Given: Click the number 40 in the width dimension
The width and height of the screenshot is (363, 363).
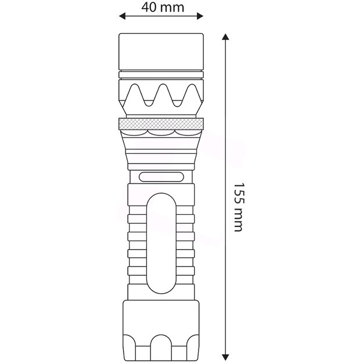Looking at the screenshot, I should click(149, 8).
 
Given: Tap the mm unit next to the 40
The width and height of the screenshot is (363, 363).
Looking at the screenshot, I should click(173, 8).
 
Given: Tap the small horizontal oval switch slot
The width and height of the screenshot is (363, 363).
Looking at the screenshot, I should click(161, 177).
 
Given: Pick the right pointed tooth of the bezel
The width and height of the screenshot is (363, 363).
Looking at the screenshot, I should click(190, 93).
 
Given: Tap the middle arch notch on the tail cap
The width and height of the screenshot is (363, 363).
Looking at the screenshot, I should click(162, 347).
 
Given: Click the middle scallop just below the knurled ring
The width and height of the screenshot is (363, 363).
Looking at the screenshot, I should click(162, 134).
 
